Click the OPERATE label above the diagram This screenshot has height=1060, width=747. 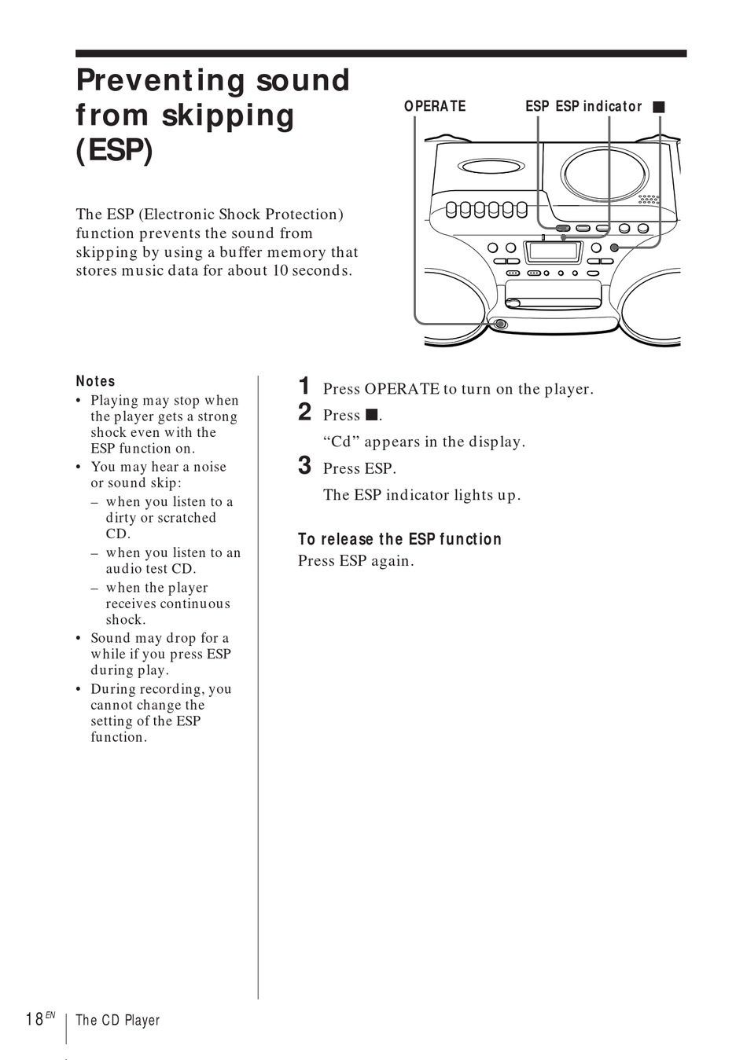[435, 106]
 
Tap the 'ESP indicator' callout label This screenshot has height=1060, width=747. [598, 106]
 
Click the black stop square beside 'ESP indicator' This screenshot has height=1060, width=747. [659, 106]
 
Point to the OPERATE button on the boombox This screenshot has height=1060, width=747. [500, 324]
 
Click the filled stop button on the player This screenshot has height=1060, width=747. [614, 248]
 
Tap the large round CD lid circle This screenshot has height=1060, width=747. [605, 172]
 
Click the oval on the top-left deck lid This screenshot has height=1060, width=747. [491, 167]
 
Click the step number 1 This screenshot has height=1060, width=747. [304, 386]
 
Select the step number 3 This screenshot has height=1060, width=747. [304, 465]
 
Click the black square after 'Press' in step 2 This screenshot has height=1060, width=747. [372, 415]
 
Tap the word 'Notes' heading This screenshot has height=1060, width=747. [96, 381]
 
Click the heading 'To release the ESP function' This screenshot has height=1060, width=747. [399, 539]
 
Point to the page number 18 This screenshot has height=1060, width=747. [35, 1019]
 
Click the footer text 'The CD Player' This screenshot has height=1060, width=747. [118, 1020]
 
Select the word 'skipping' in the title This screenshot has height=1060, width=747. [228, 116]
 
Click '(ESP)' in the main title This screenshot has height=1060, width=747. [114, 149]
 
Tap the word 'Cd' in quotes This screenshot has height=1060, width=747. [341, 442]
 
